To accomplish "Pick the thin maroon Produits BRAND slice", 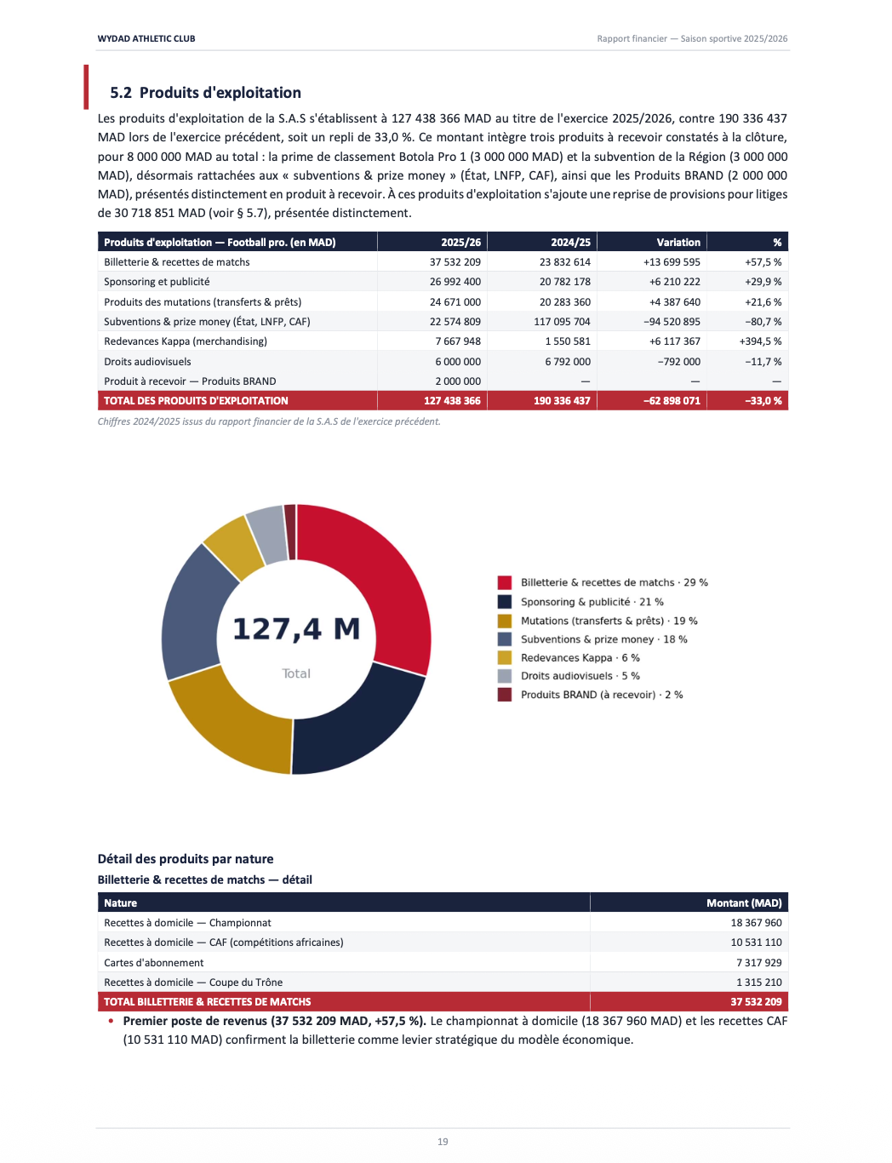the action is point(290,531).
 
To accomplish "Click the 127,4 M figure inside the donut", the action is point(296,629).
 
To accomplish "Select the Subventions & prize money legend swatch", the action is point(505,639).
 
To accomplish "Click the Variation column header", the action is point(678,243).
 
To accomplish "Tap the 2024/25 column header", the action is point(570,243).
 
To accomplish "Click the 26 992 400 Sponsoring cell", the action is point(455,282).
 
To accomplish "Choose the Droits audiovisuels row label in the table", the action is point(147,362).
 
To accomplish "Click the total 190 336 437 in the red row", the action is point(562,401).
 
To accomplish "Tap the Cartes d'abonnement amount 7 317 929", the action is point(758,963).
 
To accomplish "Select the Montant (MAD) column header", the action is point(744,903).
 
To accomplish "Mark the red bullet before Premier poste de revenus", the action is point(111,1021).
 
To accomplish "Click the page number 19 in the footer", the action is point(443,1142).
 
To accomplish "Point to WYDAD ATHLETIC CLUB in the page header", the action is point(146,38).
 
